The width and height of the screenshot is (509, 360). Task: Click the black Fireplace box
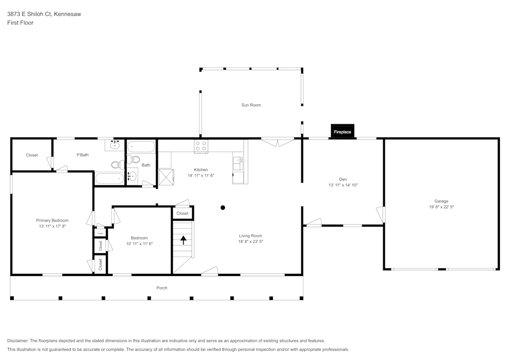(342, 131)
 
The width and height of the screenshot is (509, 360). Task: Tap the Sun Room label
(251, 105)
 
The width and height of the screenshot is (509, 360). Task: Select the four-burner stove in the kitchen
(201, 146)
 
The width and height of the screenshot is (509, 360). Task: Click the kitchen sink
(238, 163)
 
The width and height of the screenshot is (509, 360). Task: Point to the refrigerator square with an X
(165, 176)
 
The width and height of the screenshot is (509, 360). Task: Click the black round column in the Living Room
(222, 207)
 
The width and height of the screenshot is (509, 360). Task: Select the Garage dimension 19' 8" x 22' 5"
(441, 207)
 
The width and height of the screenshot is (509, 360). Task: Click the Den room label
(343, 179)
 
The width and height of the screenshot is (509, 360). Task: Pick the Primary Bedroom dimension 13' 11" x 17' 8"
(52, 226)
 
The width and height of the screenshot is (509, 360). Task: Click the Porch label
(162, 288)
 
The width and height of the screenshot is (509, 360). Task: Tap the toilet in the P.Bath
(118, 164)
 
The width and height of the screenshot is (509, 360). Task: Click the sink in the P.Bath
(115, 145)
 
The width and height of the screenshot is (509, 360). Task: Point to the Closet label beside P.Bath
(32, 155)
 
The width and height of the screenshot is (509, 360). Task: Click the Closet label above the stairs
(182, 213)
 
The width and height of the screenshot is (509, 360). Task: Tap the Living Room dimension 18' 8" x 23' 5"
(250, 241)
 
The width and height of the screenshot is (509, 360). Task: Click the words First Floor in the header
(20, 23)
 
